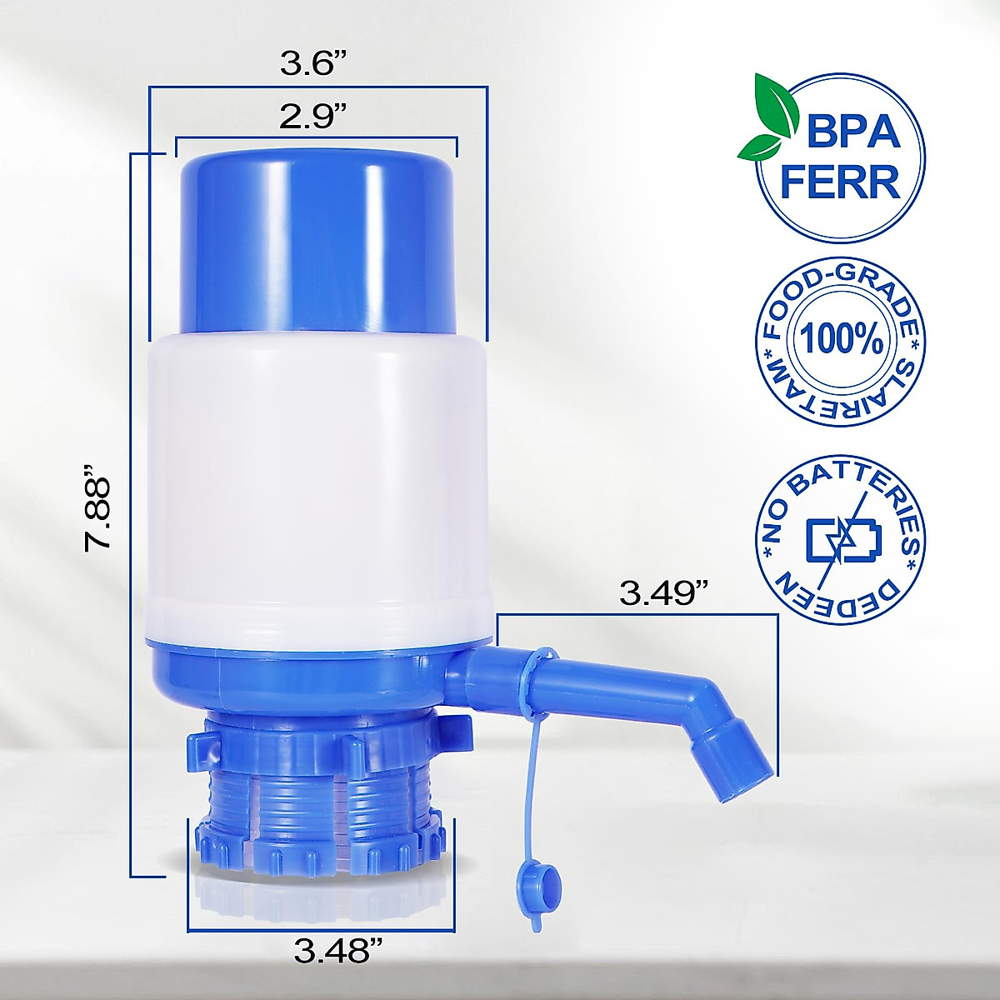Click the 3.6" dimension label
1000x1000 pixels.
313,64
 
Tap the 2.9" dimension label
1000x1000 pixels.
313,117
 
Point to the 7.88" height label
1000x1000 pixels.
98,513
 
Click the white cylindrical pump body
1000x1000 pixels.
317,483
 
